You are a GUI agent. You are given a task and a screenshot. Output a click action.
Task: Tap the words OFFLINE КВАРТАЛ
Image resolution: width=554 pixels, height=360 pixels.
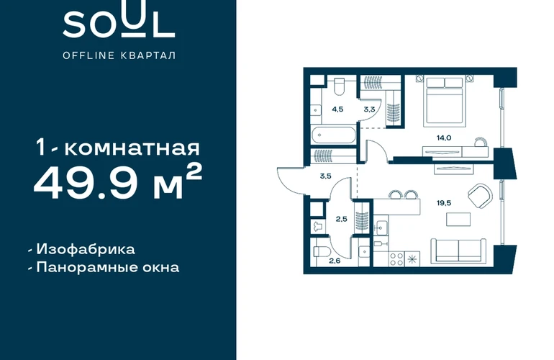(119, 55)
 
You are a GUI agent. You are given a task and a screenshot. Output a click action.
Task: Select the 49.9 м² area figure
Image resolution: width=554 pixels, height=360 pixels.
(118, 182)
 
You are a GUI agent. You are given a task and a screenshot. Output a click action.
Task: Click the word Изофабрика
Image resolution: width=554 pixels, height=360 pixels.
(86, 249)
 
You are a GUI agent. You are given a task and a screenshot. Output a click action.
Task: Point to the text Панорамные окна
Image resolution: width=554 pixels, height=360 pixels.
(108, 267)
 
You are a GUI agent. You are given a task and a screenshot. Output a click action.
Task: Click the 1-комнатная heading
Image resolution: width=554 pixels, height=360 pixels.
(119, 148)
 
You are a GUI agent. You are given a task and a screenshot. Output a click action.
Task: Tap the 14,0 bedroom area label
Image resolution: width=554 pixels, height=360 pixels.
(444, 138)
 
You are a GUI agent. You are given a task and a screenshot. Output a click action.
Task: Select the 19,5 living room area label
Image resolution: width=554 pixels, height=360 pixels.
(444, 203)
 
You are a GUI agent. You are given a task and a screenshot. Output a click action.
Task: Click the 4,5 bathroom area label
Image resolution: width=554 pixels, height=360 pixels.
(337, 109)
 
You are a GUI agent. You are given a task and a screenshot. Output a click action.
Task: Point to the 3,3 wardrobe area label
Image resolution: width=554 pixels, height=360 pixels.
(369, 109)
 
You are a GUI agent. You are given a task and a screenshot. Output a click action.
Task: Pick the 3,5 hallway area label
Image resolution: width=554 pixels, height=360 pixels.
(325, 176)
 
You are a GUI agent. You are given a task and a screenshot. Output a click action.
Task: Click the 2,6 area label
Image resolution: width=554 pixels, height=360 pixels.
(335, 261)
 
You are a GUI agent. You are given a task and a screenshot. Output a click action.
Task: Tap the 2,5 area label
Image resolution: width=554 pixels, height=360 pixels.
(341, 220)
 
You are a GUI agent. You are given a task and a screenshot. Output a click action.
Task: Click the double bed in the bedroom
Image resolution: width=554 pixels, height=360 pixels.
(444, 102)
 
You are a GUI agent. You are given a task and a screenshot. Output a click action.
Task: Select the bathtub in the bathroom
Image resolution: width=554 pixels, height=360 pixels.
(333, 135)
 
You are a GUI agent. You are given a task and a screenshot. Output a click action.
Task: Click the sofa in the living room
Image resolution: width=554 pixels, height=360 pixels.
(458, 251)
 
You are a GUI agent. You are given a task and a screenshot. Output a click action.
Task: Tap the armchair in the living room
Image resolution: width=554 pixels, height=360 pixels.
(479, 196)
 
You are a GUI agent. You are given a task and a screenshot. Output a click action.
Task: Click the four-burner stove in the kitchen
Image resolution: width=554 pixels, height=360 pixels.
(396, 259)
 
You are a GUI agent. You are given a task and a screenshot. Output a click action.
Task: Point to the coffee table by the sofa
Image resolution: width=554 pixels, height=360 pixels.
(458, 220)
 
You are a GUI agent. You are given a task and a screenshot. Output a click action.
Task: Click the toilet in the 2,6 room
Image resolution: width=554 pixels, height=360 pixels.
(322, 251)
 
